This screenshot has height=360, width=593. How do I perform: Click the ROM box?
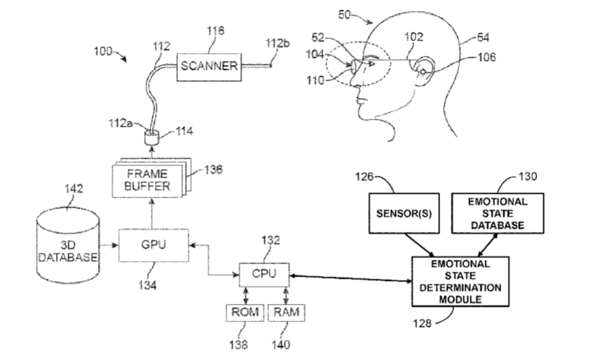[243, 312]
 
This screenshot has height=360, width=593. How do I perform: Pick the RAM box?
[287, 312]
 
